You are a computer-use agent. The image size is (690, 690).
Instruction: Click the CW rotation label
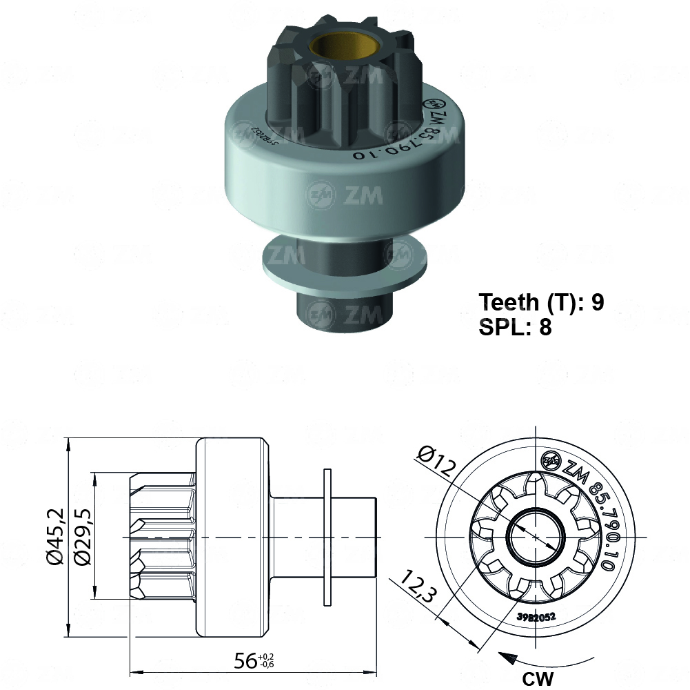538,679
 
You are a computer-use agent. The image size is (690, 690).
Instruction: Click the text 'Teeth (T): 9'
541,302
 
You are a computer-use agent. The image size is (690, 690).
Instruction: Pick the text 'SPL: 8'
515,326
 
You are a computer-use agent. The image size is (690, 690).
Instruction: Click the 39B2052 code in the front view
536,616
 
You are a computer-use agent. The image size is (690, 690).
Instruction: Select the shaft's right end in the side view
369,538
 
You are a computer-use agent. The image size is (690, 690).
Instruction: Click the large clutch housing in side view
231,538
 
